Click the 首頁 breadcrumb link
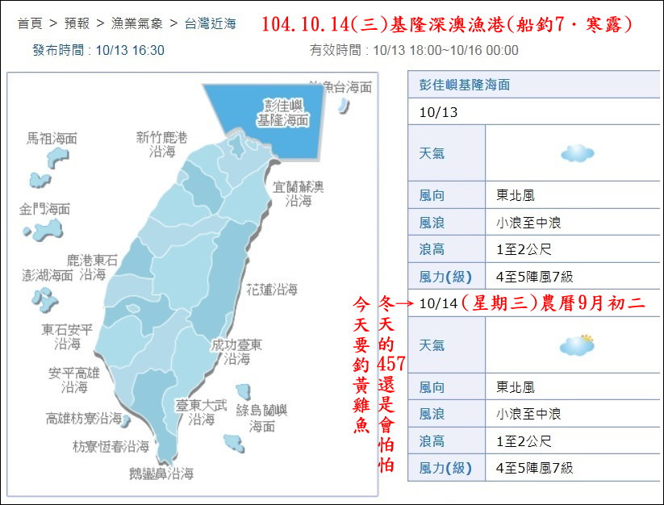[30, 24]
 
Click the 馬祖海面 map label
[52, 138]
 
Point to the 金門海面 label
[44, 209]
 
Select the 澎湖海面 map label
[48, 276]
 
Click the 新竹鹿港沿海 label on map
[161, 144]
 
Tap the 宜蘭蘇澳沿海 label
[298, 194]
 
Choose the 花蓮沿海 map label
[271, 289]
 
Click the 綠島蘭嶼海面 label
[261, 418]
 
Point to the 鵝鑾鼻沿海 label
[161, 474]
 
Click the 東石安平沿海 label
[67, 336]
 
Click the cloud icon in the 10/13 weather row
[578, 152]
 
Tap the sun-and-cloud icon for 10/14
[578, 345]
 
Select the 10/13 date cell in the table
[438, 112]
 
